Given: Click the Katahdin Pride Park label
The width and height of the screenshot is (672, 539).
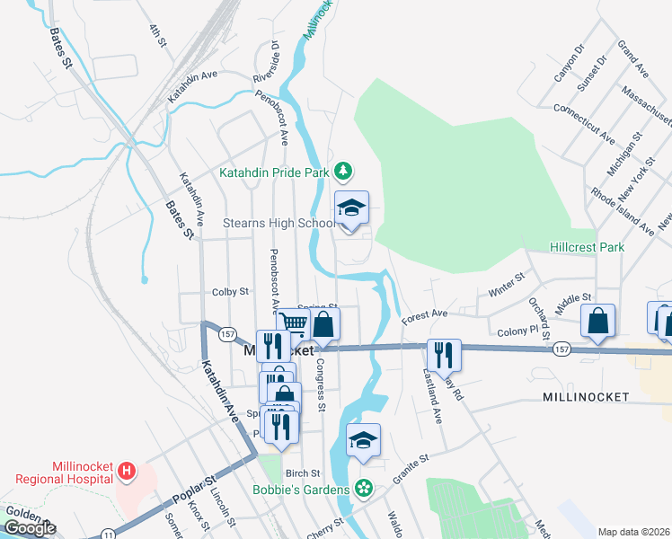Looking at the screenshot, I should (274, 172).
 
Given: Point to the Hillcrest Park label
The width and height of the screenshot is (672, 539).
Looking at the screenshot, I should (587, 247).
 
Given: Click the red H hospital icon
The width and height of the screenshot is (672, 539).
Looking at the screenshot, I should (127, 471).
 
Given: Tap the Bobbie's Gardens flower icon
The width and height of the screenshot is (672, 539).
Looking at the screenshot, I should (363, 489).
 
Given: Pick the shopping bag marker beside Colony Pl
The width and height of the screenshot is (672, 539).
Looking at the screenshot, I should (597, 322).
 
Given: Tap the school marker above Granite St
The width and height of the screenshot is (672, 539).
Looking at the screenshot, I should (363, 441).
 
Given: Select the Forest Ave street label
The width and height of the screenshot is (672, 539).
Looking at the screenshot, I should (424, 315).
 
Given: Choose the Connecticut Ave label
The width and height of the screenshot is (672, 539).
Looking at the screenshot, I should (584, 124).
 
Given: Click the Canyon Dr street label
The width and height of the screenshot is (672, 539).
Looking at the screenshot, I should (569, 63).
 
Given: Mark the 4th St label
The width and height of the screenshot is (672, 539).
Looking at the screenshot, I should (158, 34).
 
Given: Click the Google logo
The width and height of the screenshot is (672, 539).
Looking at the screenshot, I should (30, 528).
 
